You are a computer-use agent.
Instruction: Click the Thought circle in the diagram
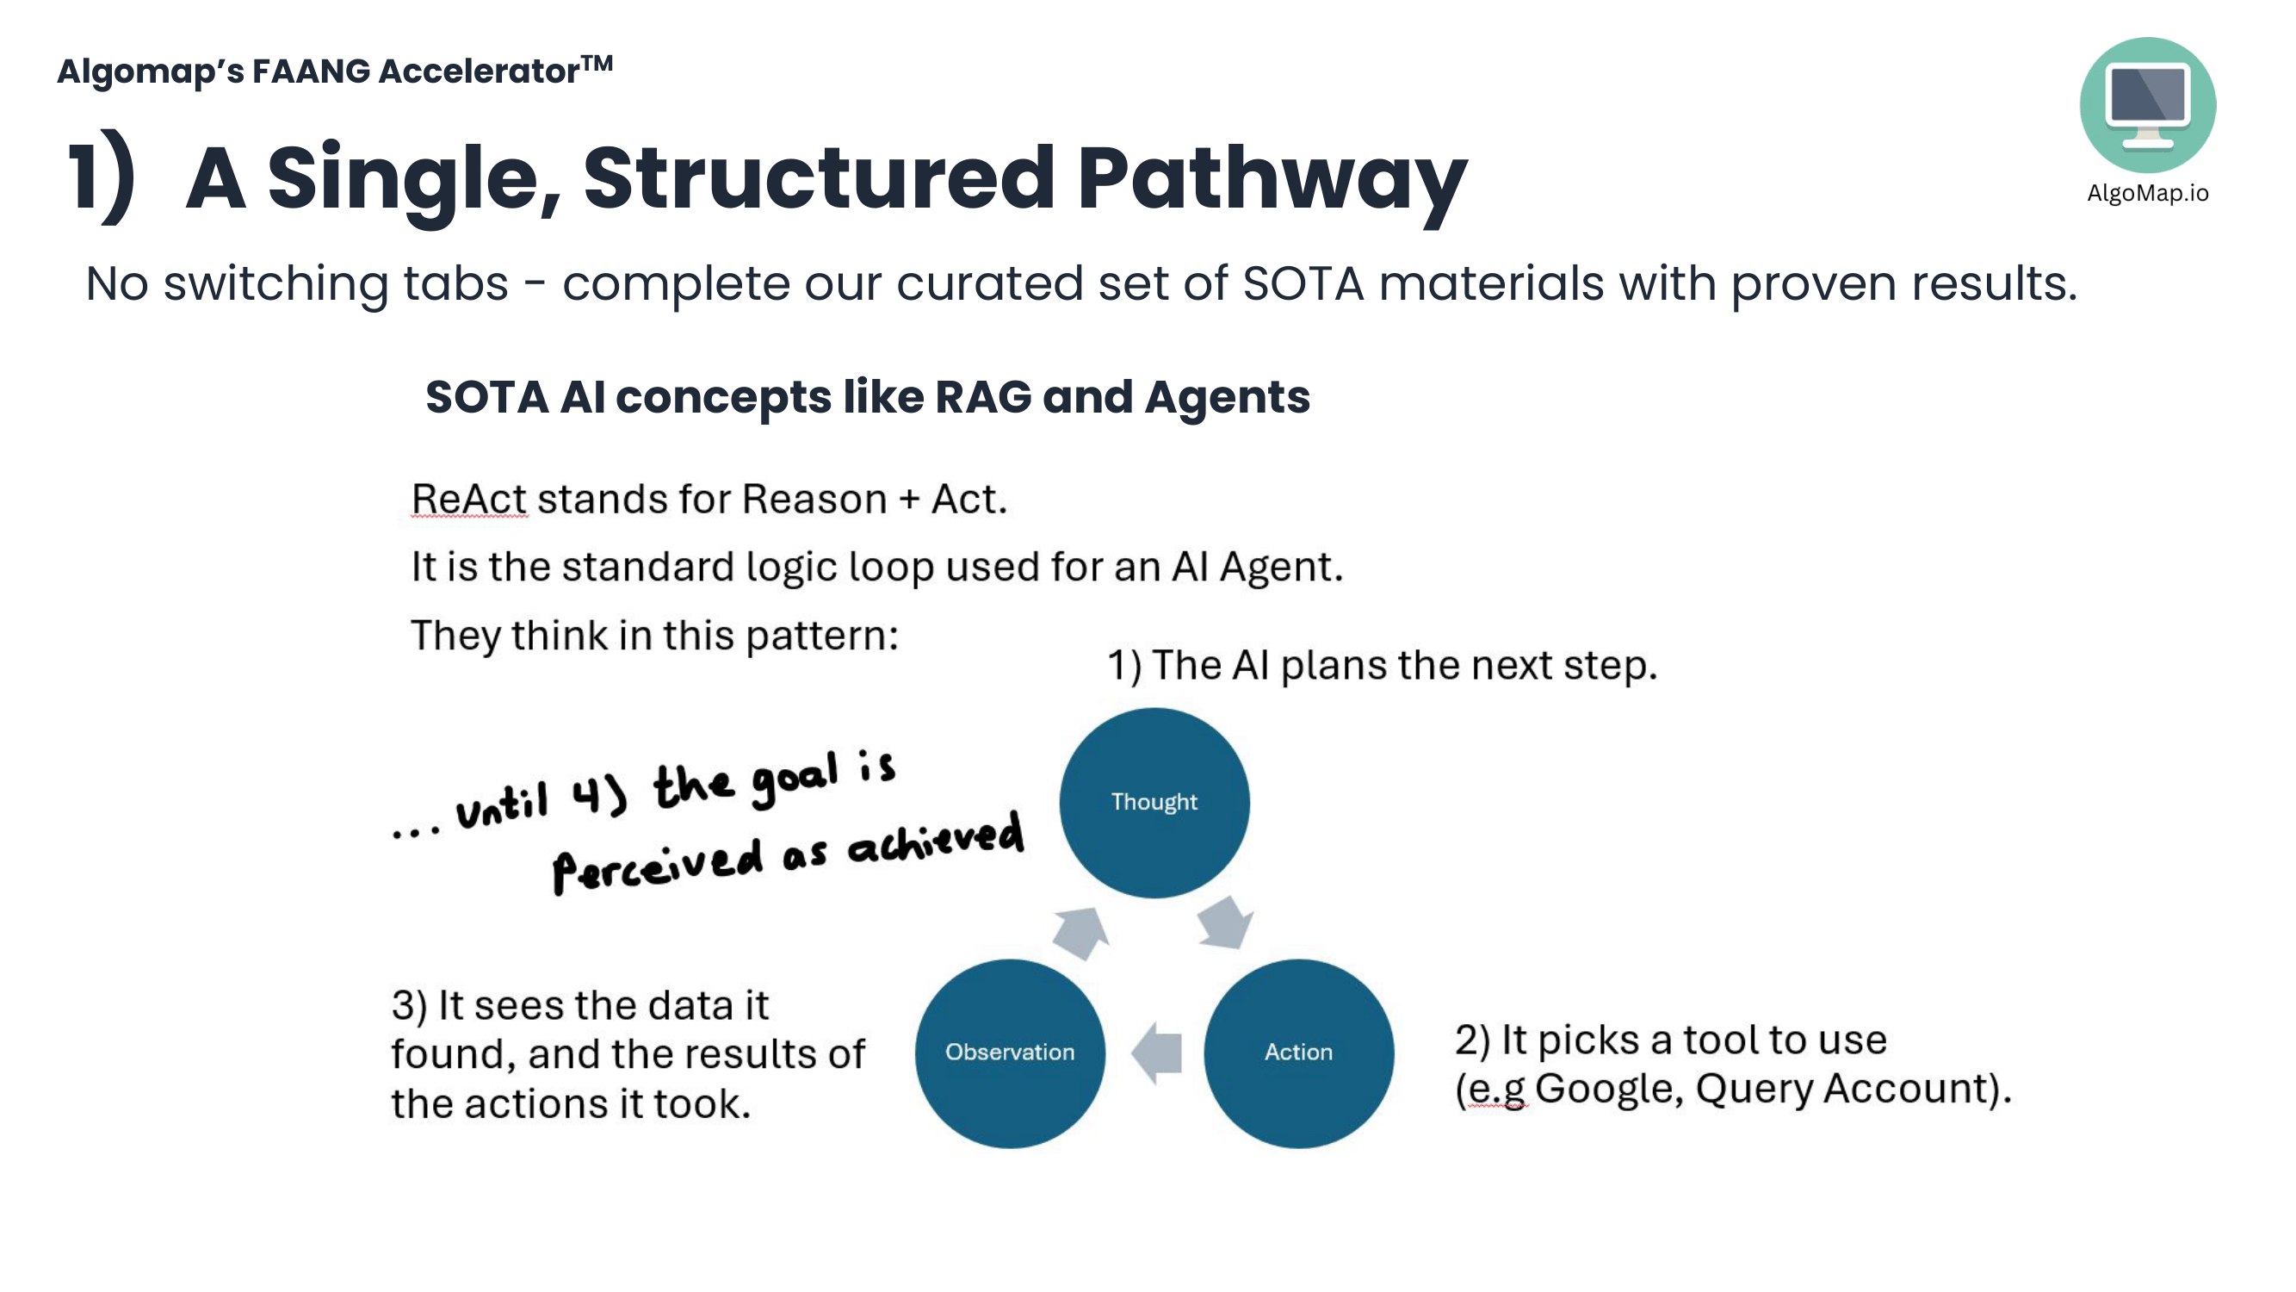click(x=1154, y=802)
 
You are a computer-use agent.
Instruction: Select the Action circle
click(x=1297, y=1053)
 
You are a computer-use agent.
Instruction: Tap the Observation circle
click(x=1010, y=1053)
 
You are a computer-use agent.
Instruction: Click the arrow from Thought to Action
click(x=1225, y=922)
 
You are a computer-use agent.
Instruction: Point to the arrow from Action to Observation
click(x=1157, y=1053)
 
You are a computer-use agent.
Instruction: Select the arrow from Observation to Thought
click(x=1081, y=932)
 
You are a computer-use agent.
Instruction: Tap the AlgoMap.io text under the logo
click(x=2147, y=194)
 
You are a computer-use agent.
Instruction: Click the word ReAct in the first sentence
click(x=469, y=499)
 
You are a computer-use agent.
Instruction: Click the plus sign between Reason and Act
click(x=908, y=500)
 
